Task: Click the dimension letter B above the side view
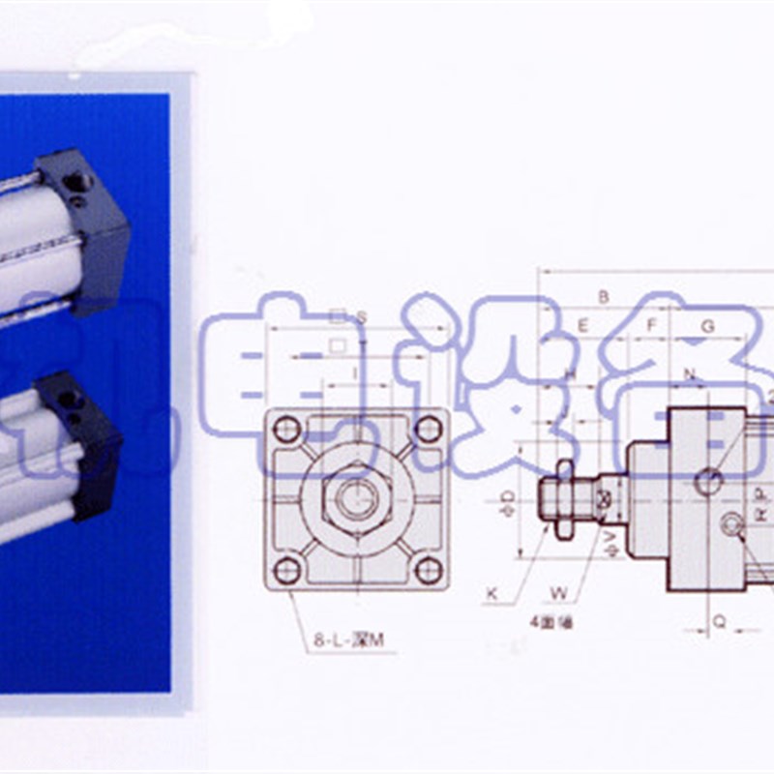click(x=603, y=297)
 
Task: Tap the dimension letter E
click(x=582, y=326)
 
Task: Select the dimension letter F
click(x=652, y=326)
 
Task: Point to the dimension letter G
click(x=707, y=326)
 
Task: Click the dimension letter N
click(x=690, y=373)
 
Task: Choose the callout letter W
click(x=558, y=594)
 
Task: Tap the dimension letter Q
click(x=718, y=622)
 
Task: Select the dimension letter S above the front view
click(x=361, y=315)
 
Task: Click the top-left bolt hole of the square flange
click(x=286, y=428)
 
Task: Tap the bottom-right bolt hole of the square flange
click(x=427, y=569)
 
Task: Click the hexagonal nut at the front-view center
click(x=356, y=497)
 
